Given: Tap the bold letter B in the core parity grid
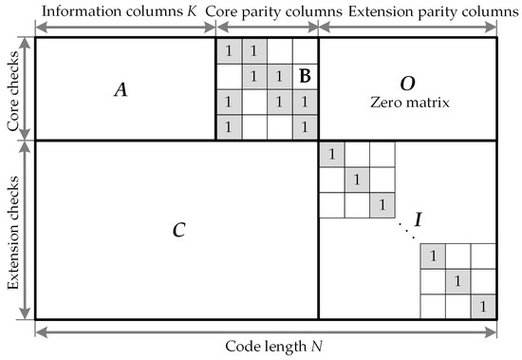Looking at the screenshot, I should click(305, 74).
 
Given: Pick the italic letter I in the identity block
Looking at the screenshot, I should click(419, 220).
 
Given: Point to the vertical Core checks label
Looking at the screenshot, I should click(12, 88).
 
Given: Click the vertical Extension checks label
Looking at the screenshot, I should click(12, 229).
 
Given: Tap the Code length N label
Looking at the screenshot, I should click(266, 347).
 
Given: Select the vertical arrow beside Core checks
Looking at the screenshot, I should click(26, 88).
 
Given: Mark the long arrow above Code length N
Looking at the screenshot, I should click(266, 330).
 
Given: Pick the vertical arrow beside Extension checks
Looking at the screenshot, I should click(26, 229).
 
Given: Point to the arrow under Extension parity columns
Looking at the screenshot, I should click(408, 28).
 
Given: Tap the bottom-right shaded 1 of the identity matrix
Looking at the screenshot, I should click(483, 306).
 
